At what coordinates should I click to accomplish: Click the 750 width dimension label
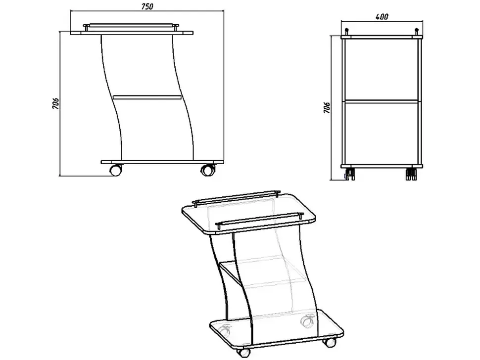(x=147, y=6)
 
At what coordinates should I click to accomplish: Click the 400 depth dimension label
(x=382, y=16)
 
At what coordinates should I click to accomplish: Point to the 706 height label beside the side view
(x=327, y=108)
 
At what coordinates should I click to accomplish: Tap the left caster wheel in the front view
(x=116, y=170)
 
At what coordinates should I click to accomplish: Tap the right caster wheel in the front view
(x=208, y=170)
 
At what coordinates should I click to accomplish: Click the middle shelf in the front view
(x=147, y=97)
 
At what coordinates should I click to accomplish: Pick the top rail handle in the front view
(x=131, y=26)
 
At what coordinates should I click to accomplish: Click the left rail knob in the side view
(x=347, y=32)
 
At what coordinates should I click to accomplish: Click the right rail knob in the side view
(x=416, y=32)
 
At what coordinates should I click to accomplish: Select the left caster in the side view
(x=349, y=174)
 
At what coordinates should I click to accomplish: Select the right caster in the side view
(x=412, y=174)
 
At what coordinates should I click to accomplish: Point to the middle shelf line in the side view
(x=382, y=100)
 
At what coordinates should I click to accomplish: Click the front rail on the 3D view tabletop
(x=260, y=220)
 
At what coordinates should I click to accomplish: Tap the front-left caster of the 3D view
(x=244, y=353)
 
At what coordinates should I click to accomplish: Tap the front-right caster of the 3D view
(x=329, y=342)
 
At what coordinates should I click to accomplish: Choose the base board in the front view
(x=162, y=162)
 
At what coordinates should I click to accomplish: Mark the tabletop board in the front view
(x=132, y=33)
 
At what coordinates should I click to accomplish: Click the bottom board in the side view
(x=382, y=166)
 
